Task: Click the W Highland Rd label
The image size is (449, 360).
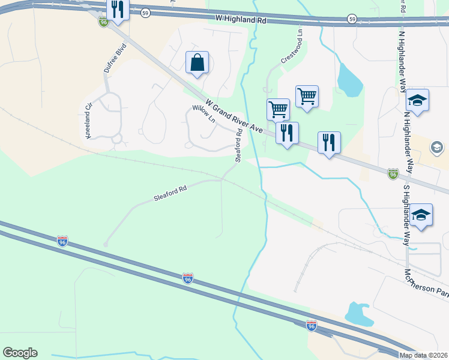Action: pyautogui.click(x=241, y=20)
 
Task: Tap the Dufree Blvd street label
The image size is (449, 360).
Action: pyautogui.click(x=115, y=58)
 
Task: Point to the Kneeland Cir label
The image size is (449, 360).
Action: pyautogui.click(x=89, y=121)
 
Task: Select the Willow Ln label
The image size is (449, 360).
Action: pyautogui.click(x=203, y=113)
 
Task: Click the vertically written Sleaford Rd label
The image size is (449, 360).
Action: pyautogui.click(x=238, y=145)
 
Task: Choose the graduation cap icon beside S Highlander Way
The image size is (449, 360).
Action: pyautogui.click(x=422, y=215)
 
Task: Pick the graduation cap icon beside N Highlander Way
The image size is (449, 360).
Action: pyautogui.click(x=417, y=100)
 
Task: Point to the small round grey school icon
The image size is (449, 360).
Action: pyautogui.click(x=437, y=147)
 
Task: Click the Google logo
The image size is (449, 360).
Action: pyautogui.click(x=20, y=353)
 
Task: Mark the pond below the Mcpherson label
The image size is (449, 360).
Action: pyautogui.click(x=359, y=313)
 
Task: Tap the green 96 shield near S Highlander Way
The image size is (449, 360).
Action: pyautogui.click(x=393, y=173)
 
